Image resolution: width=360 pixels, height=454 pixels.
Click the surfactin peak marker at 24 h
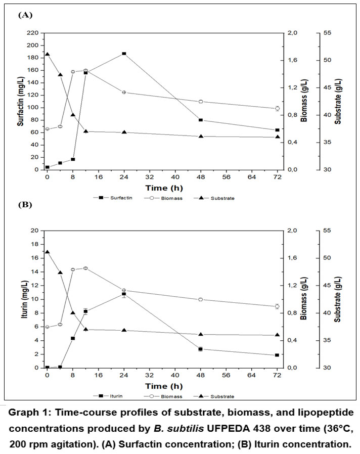pyautogui.click(x=124, y=54)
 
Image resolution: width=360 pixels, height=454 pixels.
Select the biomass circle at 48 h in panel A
pyautogui.click(x=201, y=102)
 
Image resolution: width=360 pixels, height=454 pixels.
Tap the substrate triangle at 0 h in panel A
pyautogui.click(x=47, y=54)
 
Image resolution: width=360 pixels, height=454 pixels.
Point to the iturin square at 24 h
pyautogui.click(x=124, y=294)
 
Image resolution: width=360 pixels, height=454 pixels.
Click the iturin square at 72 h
pyautogui.click(x=277, y=355)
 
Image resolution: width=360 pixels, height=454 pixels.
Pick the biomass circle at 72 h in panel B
pyautogui.click(x=277, y=306)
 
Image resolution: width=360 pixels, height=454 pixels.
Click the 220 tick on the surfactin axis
pyautogui.click(x=32, y=33)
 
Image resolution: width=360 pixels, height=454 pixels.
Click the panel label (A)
pyautogui.click(x=25, y=15)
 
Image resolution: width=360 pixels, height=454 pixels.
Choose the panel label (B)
pyautogui.click(x=25, y=205)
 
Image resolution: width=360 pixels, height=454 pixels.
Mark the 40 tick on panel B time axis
pyautogui.click(x=175, y=376)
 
